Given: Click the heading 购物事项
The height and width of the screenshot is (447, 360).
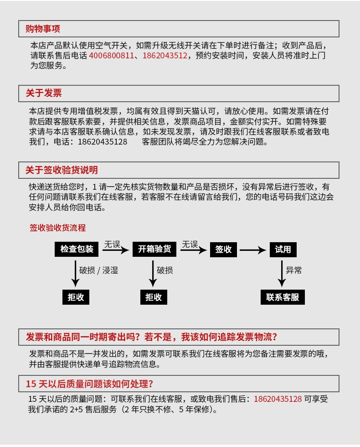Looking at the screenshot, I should (x=43, y=29).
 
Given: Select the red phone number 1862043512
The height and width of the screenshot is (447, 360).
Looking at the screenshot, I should (x=165, y=56).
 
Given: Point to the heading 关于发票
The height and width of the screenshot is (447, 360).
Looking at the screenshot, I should (x=43, y=93).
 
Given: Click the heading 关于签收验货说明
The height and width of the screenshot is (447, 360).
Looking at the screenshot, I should (x=62, y=170).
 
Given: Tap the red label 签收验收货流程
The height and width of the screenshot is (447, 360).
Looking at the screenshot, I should (x=57, y=228).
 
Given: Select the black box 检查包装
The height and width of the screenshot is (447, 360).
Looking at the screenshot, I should (x=77, y=249).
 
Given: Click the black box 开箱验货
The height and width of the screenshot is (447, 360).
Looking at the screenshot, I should (x=154, y=249).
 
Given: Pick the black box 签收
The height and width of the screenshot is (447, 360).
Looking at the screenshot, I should (x=223, y=249).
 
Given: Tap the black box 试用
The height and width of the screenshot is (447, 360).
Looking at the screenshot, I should (x=283, y=249).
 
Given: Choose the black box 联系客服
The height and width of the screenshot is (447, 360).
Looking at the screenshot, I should (x=283, y=297).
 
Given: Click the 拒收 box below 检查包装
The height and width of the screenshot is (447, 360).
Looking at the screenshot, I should (x=76, y=297).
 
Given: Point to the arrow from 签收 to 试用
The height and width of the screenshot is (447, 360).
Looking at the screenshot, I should (x=252, y=250).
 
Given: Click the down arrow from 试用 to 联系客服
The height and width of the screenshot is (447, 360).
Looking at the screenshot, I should (x=283, y=273).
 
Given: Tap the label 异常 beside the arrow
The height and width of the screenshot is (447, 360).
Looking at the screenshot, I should (x=294, y=270).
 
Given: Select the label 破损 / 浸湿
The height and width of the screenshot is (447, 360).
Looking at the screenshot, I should (x=98, y=270).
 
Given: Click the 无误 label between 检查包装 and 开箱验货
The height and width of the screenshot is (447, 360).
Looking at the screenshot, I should (x=112, y=244).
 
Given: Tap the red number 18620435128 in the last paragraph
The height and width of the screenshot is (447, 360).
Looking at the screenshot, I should (x=278, y=399).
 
